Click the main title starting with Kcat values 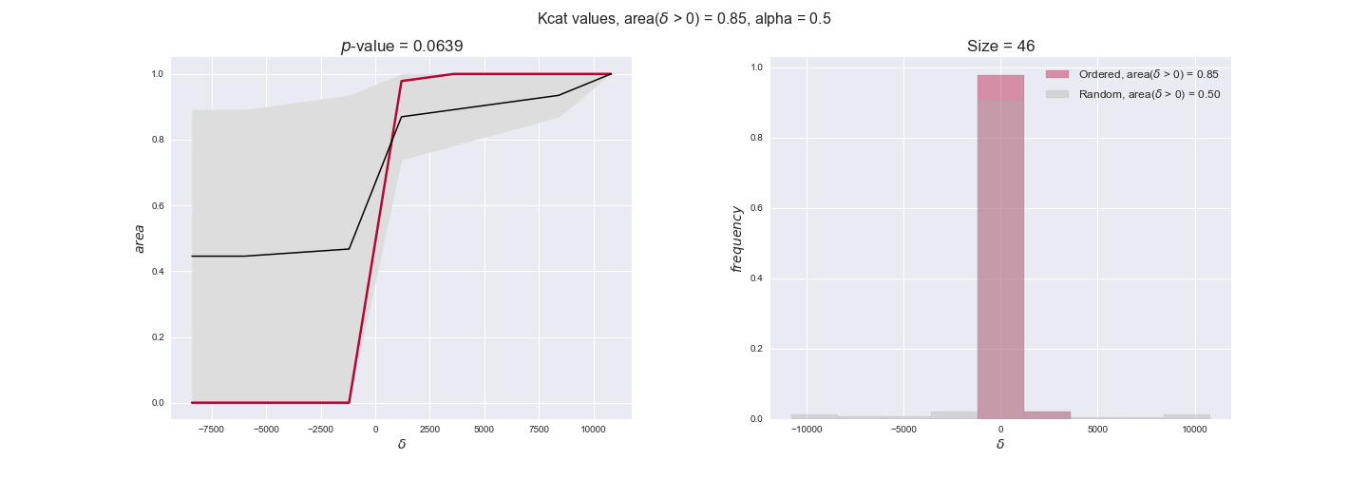[x=684, y=18]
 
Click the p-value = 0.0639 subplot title [x=402, y=46]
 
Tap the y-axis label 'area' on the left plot [x=140, y=239]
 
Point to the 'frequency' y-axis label [x=736, y=239]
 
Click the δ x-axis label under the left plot [x=402, y=444]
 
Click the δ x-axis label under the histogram [x=1000, y=444]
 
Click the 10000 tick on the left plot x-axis [x=595, y=429]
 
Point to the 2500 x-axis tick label [x=429, y=429]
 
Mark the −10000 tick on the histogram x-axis [x=807, y=429]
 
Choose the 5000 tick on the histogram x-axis [x=1097, y=429]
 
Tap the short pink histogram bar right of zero [x=1047, y=415]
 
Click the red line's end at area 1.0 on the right [x=610, y=74]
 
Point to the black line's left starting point [x=193, y=256]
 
